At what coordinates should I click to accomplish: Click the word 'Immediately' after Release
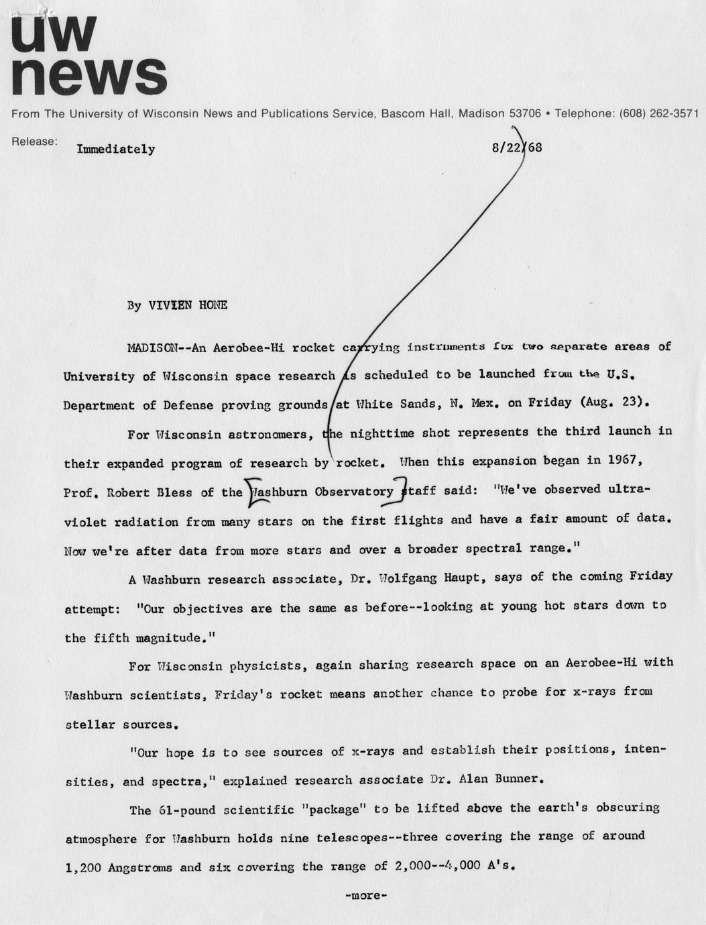pos(116,149)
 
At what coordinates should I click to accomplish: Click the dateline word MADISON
pos(152,348)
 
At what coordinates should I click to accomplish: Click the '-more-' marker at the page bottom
pos(366,895)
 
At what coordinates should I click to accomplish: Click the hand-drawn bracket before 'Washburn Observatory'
pos(251,491)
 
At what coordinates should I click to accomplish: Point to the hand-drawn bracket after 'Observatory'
pos(402,488)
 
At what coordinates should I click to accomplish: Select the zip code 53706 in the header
pos(522,113)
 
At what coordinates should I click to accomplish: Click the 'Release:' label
pos(34,142)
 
